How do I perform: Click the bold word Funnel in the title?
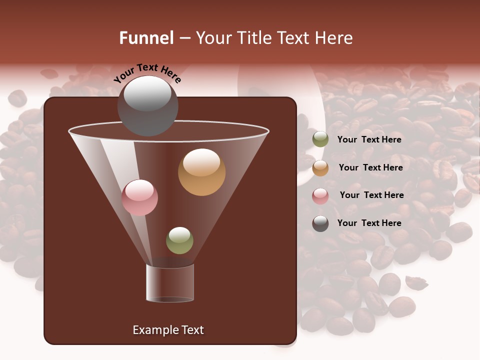[x=146, y=38]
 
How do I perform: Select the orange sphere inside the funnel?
[x=201, y=172]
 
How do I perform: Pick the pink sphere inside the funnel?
[x=139, y=197]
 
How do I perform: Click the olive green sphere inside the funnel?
[x=179, y=240]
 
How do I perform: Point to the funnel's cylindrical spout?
[x=170, y=283]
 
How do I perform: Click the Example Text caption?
[x=168, y=330]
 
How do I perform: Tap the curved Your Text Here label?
[x=147, y=72]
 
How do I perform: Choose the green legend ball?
[x=320, y=139]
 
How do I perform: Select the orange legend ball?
[x=320, y=168]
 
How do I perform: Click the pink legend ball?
[x=320, y=196]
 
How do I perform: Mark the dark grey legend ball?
[x=320, y=223]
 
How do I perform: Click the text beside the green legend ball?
[x=369, y=139]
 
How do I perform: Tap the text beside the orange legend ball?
[x=370, y=167]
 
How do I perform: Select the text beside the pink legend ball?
[x=371, y=195]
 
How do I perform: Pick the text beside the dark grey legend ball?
[x=369, y=223]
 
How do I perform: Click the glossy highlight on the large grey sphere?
[x=147, y=94]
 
